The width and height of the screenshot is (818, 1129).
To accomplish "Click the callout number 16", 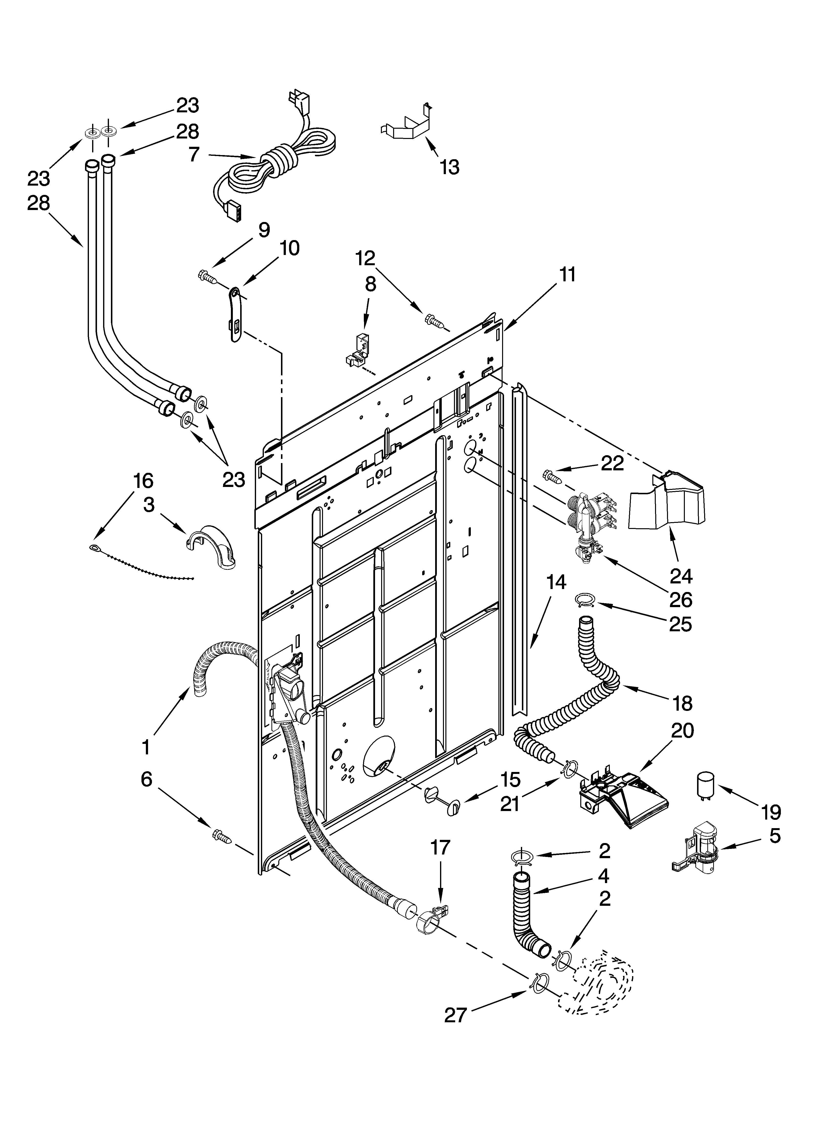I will tap(143, 481).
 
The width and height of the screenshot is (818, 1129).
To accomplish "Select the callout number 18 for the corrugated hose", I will tap(682, 703).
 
